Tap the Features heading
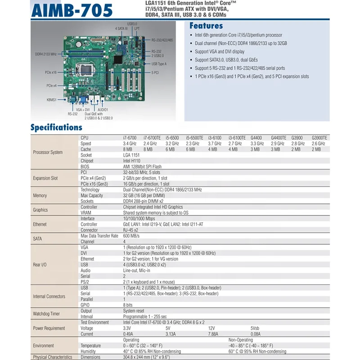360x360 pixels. point(206,26)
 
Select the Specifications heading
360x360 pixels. point(56,127)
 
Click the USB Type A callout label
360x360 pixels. point(159,64)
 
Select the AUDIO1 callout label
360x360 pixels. point(103,110)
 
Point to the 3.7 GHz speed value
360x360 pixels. point(214,144)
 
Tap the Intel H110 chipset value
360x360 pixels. point(132,161)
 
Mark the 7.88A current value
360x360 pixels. point(214,334)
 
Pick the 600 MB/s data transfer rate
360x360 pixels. point(132,236)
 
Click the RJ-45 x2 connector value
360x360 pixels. point(131,230)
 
